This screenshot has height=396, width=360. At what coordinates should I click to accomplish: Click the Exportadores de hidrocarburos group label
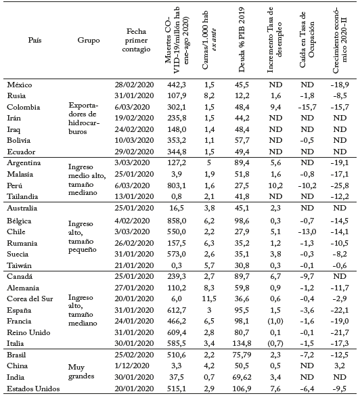(x=87, y=118)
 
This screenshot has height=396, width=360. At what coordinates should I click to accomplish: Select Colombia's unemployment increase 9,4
(x=271, y=106)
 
